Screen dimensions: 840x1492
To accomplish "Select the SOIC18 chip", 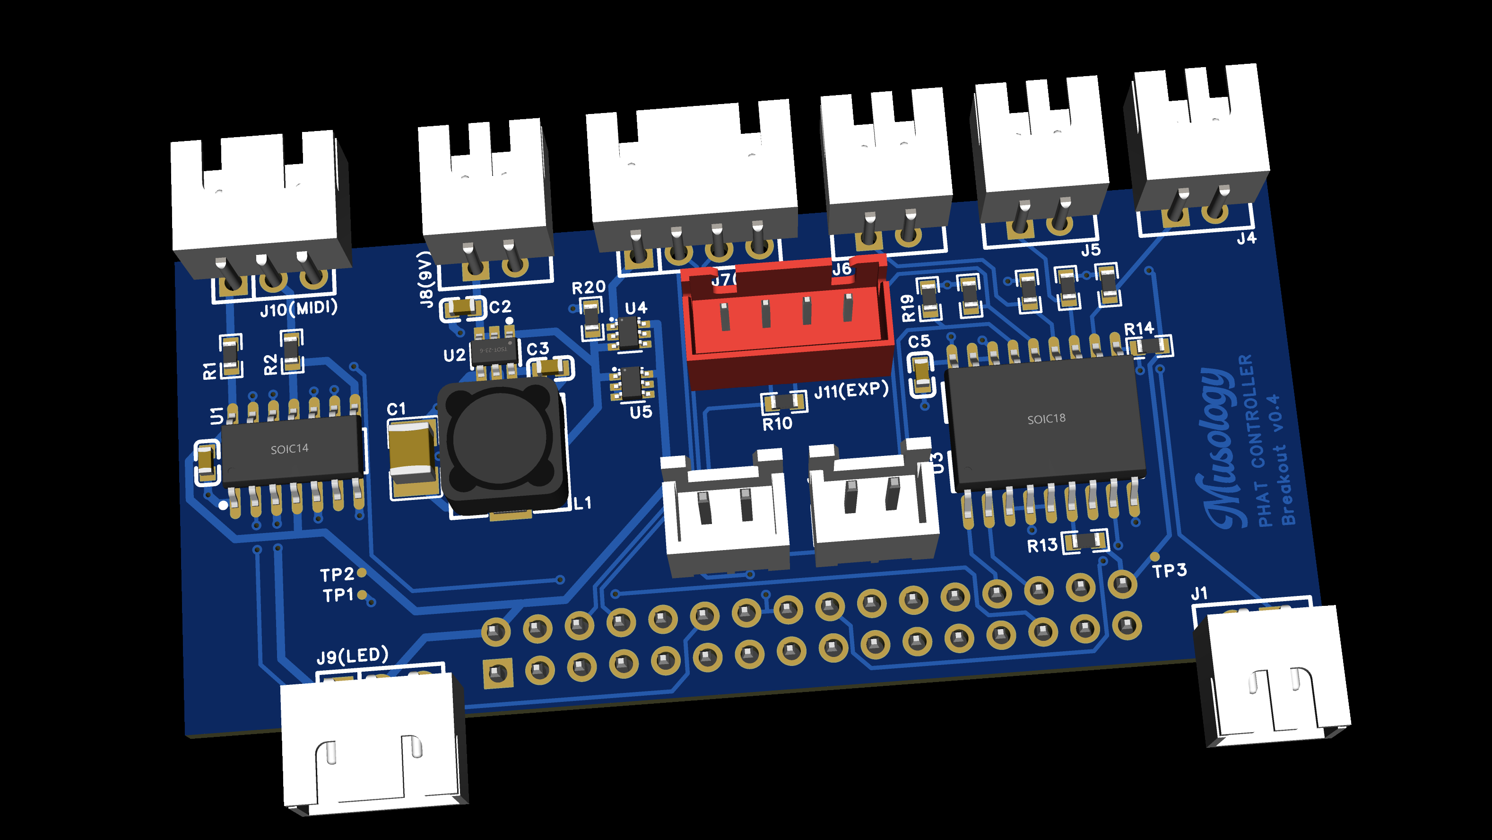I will click(1045, 420).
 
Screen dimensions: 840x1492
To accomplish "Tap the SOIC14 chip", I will click(291, 449).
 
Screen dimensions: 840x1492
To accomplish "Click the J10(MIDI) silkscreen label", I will click(298, 308).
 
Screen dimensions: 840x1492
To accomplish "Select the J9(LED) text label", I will click(352, 656).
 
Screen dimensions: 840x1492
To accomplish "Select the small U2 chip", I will click(494, 350).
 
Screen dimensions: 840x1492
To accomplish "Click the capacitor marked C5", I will click(921, 374).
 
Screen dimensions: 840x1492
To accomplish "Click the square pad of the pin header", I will click(497, 674).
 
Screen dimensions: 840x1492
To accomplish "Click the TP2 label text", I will click(337, 575).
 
